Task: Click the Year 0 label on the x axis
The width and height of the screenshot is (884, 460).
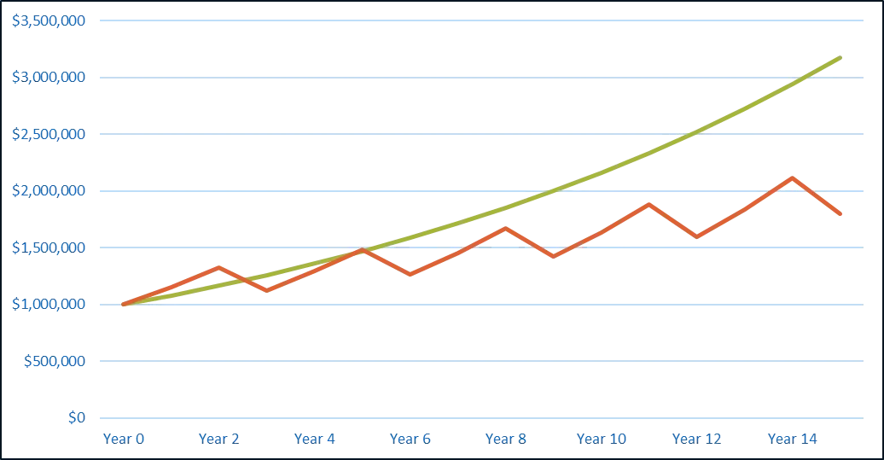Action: point(125,439)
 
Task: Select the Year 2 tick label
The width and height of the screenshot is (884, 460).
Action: point(220,439)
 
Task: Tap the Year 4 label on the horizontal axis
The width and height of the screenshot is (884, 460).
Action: point(317,439)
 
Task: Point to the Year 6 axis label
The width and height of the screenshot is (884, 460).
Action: point(412,439)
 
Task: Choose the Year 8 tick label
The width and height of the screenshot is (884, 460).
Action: point(508,439)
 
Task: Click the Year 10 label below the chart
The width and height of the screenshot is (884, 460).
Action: point(602,439)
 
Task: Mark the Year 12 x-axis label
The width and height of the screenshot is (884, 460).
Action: point(697,439)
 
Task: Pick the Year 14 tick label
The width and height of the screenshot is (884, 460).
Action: point(793,439)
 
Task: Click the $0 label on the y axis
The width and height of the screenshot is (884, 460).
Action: point(78,417)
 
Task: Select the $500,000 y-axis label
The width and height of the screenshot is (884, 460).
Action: point(55,361)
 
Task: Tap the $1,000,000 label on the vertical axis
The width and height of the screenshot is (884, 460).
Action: point(49,304)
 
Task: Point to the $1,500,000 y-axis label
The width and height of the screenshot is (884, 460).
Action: point(49,247)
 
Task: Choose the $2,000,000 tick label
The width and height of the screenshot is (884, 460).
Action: point(49,191)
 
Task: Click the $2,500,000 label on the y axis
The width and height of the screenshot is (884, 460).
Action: point(49,134)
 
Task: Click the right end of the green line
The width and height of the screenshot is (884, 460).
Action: point(843,57)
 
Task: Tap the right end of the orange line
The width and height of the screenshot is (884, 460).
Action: point(843,214)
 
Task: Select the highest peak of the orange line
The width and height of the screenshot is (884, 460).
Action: point(793,178)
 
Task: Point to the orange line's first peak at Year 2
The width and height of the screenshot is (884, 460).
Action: point(220,267)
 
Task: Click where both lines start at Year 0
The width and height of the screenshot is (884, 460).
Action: point(125,304)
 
